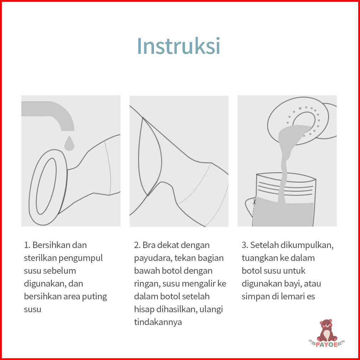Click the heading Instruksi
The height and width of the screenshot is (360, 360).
179,46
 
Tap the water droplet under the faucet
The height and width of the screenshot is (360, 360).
69,144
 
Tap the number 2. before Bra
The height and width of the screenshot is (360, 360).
137,245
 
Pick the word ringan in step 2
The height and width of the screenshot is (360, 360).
147,284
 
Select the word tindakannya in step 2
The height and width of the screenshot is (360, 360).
158,322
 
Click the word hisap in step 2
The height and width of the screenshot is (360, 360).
144,309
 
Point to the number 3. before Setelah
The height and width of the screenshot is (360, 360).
245,245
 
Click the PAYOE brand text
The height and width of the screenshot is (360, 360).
326,344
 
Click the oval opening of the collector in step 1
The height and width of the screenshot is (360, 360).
46,186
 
